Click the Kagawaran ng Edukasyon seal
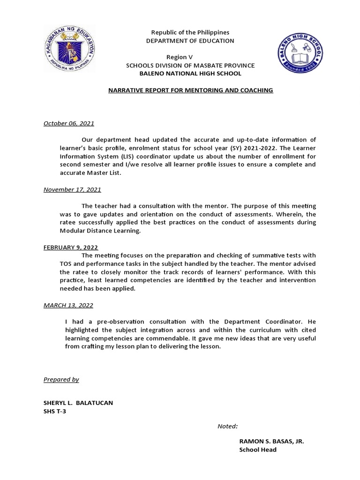70,48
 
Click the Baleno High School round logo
299,53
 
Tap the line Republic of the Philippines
190,32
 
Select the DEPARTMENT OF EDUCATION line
190,41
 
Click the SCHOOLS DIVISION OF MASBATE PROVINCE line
190,65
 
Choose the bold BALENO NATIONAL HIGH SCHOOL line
190,74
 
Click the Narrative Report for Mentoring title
190,90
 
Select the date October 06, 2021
69,123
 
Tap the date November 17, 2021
72,190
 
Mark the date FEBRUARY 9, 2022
71,247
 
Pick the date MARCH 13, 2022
68,305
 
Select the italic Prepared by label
61,379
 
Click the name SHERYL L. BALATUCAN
78,403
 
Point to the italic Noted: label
227,426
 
